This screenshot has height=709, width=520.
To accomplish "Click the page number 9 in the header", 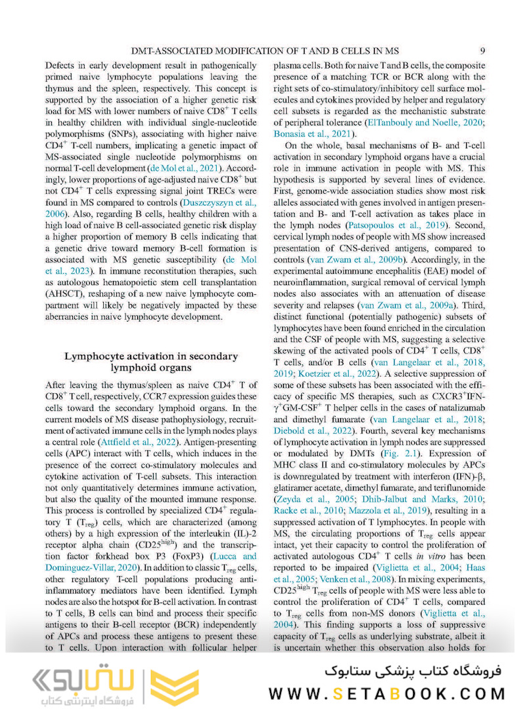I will (x=483, y=51).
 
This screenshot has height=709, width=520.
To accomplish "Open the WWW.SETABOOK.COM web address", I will (x=387, y=693).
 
